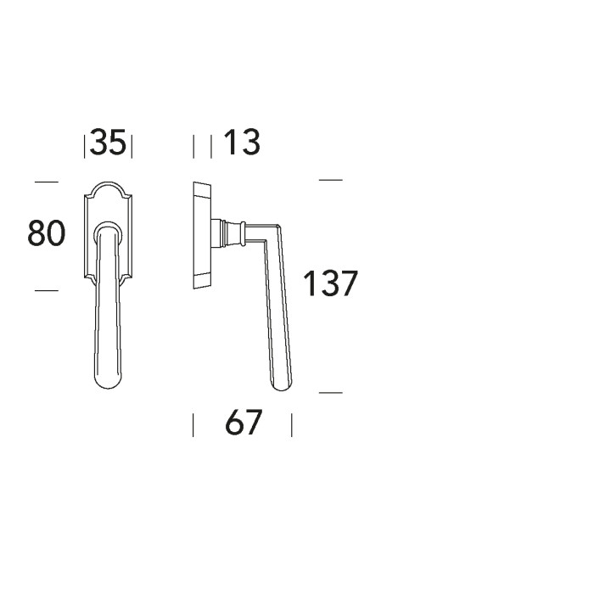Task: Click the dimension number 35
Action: pyautogui.click(x=108, y=142)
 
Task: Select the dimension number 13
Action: pyautogui.click(x=242, y=142)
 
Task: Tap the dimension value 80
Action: pyautogui.click(x=46, y=233)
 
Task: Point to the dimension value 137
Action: pyautogui.click(x=330, y=283)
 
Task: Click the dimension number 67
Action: pyautogui.click(x=244, y=422)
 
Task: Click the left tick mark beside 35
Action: pyautogui.click(x=84, y=146)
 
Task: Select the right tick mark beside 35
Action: pyautogui.click(x=132, y=146)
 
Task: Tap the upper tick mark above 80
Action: pyautogui.click(x=47, y=182)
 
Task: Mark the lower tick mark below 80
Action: pyautogui.click(x=47, y=290)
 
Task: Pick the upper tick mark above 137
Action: pyautogui.click(x=331, y=180)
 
